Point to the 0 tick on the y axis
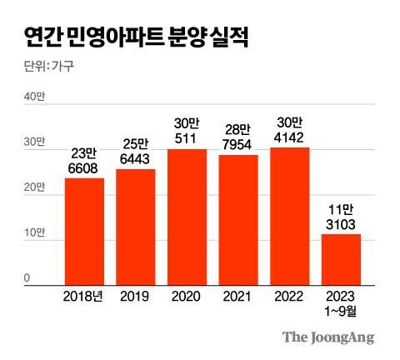tap(27, 278)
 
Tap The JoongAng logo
tap(327, 337)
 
